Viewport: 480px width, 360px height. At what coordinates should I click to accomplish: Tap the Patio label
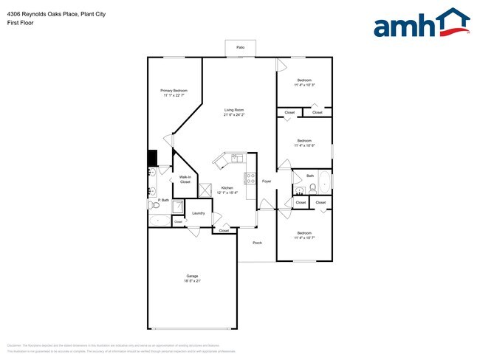coord(241,46)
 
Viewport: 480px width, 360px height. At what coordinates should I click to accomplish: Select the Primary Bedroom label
coord(174,91)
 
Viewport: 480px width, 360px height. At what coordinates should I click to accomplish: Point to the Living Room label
coord(235,111)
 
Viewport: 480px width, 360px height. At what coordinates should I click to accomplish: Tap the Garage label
coord(192,277)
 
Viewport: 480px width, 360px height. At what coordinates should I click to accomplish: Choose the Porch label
coord(258,243)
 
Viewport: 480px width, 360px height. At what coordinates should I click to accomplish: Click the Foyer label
coord(267,181)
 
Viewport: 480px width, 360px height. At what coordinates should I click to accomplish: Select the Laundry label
coord(198,213)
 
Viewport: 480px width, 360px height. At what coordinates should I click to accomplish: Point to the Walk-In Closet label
coord(185,179)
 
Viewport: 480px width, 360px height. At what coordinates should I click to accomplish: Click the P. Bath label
coord(163,201)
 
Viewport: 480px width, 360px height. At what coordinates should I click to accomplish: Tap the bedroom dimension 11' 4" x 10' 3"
coord(304,85)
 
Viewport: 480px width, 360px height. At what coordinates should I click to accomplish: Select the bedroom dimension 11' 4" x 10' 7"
coord(304,238)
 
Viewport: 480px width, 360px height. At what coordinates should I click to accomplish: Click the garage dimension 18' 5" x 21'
coord(192,281)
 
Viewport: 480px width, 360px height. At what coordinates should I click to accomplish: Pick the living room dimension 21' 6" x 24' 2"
coord(235,115)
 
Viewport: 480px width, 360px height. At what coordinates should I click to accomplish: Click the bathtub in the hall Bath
coord(325,181)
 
